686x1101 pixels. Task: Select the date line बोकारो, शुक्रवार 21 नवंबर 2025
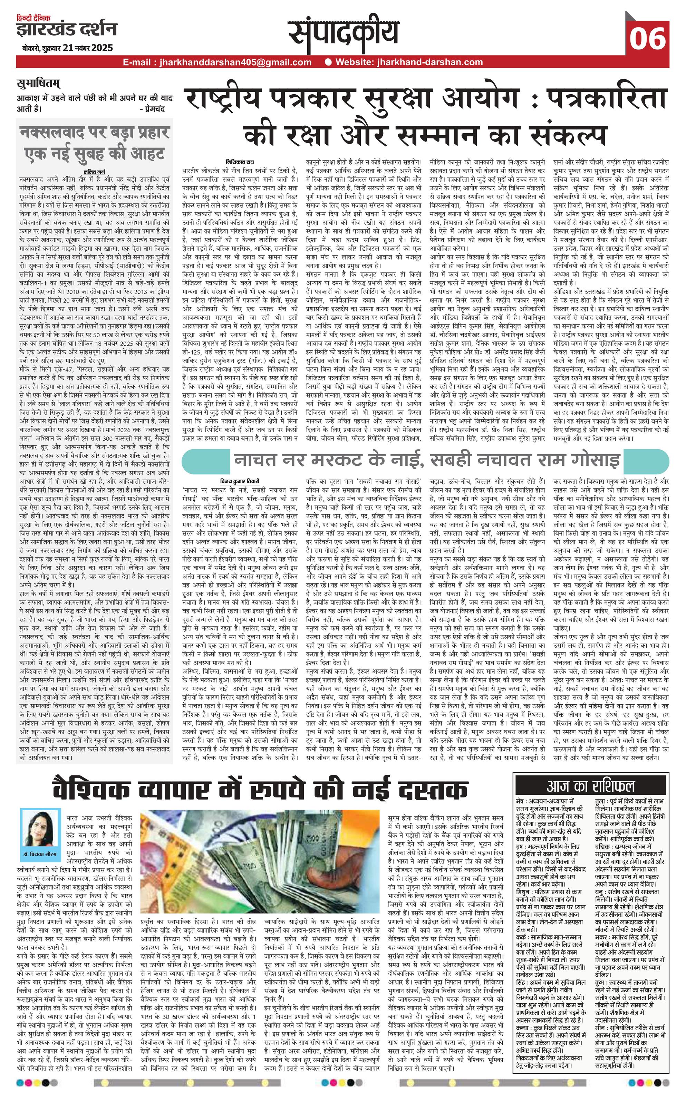[67, 48]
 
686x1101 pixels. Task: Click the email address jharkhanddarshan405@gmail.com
[217, 62]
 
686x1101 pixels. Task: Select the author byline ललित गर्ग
[94, 171]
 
